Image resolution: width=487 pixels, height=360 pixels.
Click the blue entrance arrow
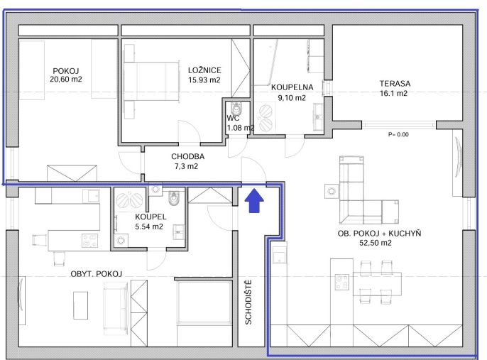click(x=254, y=200)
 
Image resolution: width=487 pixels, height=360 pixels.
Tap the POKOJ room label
click(x=66, y=71)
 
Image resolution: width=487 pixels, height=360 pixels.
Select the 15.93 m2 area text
click(x=204, y=80)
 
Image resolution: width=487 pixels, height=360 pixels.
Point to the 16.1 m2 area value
click(x=393, y=93)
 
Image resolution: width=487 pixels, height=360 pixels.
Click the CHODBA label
click(x=187, y=156)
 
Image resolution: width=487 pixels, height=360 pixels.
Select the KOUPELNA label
click(x=292, y=87)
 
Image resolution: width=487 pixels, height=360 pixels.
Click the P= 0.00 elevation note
click(x=398, y=134)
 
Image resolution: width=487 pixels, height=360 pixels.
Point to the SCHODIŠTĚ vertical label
click(x=248, y=302)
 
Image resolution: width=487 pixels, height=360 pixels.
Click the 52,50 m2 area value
click(x=376, y=243)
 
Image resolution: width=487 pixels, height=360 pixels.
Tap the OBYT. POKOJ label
click(x=97, y=274)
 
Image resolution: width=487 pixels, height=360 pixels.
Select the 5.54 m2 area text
click(x=149, y=227)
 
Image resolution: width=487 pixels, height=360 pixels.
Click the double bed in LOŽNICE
click(x=152, y=82)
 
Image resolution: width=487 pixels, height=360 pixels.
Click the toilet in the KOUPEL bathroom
click(x=174, y=197)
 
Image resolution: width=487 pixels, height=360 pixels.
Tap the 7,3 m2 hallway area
click(x=186, y=166)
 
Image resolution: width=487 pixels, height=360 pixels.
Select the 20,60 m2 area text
click(x=66, y=80)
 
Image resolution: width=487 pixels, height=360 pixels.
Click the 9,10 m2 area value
click(x=292, y=98)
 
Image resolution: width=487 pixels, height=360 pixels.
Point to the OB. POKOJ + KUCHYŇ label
click(x=379, y=234)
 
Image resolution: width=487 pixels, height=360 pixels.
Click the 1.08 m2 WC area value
click(x=241, y=128)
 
